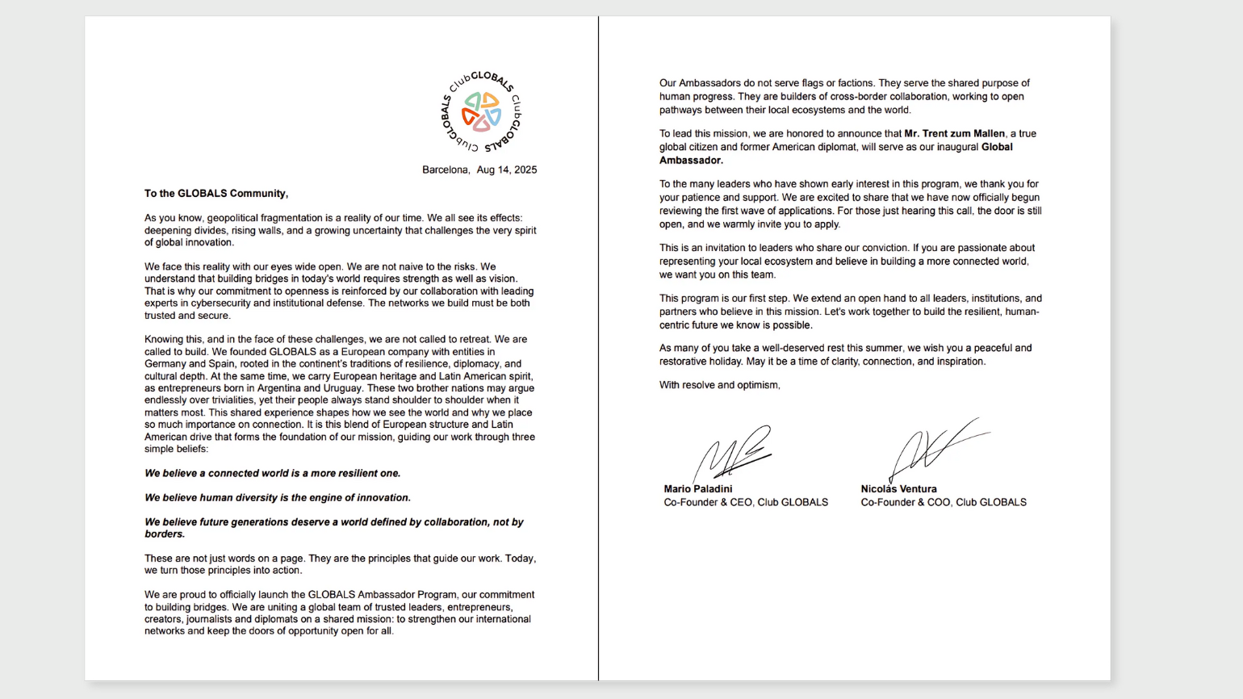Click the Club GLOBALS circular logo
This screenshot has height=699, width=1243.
[481, 112]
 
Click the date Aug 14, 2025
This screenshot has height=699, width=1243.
[507, 170]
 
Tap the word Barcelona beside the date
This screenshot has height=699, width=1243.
[445, 170]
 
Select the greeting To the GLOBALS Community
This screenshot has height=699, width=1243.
[216, 194]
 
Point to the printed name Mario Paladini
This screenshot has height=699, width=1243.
[698, 489]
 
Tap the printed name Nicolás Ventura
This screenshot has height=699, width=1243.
[898, 489]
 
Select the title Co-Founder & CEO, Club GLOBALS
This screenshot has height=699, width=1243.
[746, 502]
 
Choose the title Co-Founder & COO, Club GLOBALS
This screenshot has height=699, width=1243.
[944, 502]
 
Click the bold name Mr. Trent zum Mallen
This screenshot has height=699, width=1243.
[954, 134]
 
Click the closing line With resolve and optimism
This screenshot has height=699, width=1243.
[719, 385]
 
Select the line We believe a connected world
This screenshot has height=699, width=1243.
[272, 473]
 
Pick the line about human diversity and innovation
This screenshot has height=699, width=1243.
[278, 498]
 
